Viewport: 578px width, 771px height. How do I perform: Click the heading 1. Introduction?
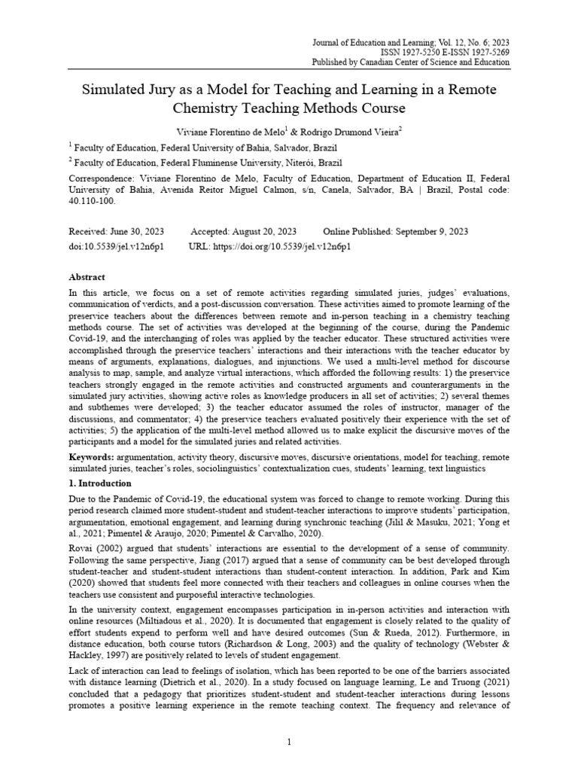coord(100,483)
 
